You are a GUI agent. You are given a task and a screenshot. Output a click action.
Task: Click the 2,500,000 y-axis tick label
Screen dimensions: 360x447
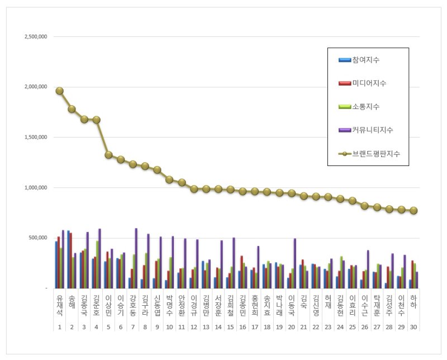(x=35, y=36)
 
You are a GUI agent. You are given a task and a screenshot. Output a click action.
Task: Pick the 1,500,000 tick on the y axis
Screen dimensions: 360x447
(x=35, y=137)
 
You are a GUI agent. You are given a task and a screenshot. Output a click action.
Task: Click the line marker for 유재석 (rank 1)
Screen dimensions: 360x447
(x=59, y=91)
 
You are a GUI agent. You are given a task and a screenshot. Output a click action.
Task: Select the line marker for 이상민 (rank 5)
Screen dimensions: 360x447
(x=108, y=155)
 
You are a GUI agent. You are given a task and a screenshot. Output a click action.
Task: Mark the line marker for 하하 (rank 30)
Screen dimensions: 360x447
(x=413, y=211)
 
